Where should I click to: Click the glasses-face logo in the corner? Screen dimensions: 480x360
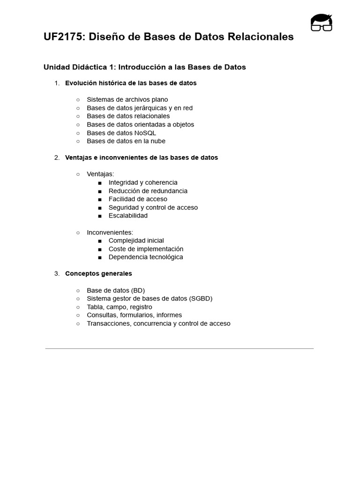point(321,22)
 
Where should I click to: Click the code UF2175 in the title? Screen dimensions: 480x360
point(63,37)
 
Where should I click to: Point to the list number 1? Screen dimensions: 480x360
point(57,83)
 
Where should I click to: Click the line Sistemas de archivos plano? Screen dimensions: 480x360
point(127,99)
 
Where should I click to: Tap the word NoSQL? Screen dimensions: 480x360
point(145,133)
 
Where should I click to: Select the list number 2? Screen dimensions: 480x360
point(57,157)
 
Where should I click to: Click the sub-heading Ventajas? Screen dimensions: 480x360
point(100,174)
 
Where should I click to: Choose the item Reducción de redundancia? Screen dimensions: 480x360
point(148,191)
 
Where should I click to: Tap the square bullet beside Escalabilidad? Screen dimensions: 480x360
point(100,216)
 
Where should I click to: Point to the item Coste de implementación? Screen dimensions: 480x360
point(146,249)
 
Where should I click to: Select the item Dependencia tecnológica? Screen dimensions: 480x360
point(146,257)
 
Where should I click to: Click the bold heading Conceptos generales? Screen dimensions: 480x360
point(98,274)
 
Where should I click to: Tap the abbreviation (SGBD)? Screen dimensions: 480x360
point(201,299)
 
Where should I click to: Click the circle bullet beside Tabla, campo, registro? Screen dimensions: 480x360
point(78,307)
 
